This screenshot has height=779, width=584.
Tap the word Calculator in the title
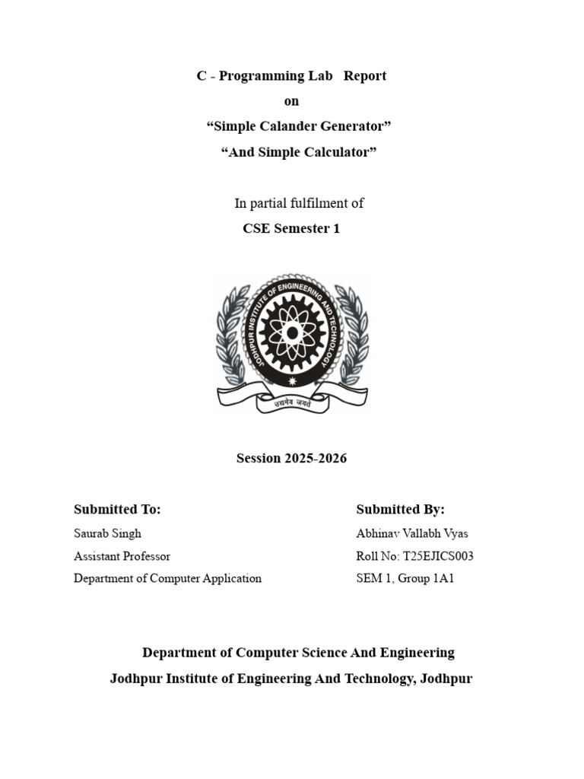coord(337,152)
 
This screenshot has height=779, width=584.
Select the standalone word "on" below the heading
coord(291,101)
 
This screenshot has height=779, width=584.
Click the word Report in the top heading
coord(365,76)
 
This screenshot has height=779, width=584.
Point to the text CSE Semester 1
coord(291,228)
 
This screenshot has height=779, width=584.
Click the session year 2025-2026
coord(316,459)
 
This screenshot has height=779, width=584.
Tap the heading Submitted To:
coord(117,510)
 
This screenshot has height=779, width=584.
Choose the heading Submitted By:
coord(400,510)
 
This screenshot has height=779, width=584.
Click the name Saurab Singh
coord(107,533)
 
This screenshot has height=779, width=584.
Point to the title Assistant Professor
coord(122,556)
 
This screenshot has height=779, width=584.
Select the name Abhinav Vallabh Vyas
coord(412,533)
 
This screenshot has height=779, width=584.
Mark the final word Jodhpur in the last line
coord(447,679)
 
